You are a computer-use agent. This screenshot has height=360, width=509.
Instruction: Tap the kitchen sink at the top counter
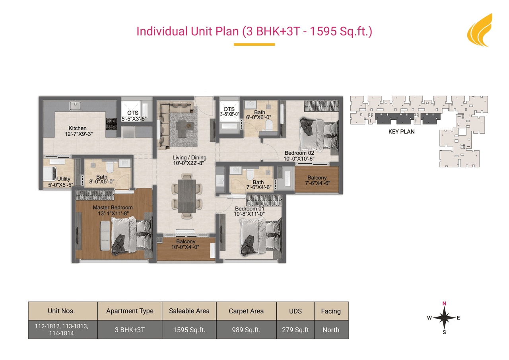coord(75,105)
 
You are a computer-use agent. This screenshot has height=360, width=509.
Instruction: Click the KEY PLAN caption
coord(401,132)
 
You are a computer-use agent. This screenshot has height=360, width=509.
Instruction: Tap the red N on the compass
coord(444,304)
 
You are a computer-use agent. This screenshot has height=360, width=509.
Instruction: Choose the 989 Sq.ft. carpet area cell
coord(246,330)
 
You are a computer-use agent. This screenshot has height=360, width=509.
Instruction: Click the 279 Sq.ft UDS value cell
coord(295,330)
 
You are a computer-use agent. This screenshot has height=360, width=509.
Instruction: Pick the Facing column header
coord(331,311)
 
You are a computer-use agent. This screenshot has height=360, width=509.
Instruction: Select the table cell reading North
coord(331,330)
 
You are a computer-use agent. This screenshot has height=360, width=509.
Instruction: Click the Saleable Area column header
coord(189,311)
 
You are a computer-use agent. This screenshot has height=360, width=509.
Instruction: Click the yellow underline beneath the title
coord(254,45)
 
